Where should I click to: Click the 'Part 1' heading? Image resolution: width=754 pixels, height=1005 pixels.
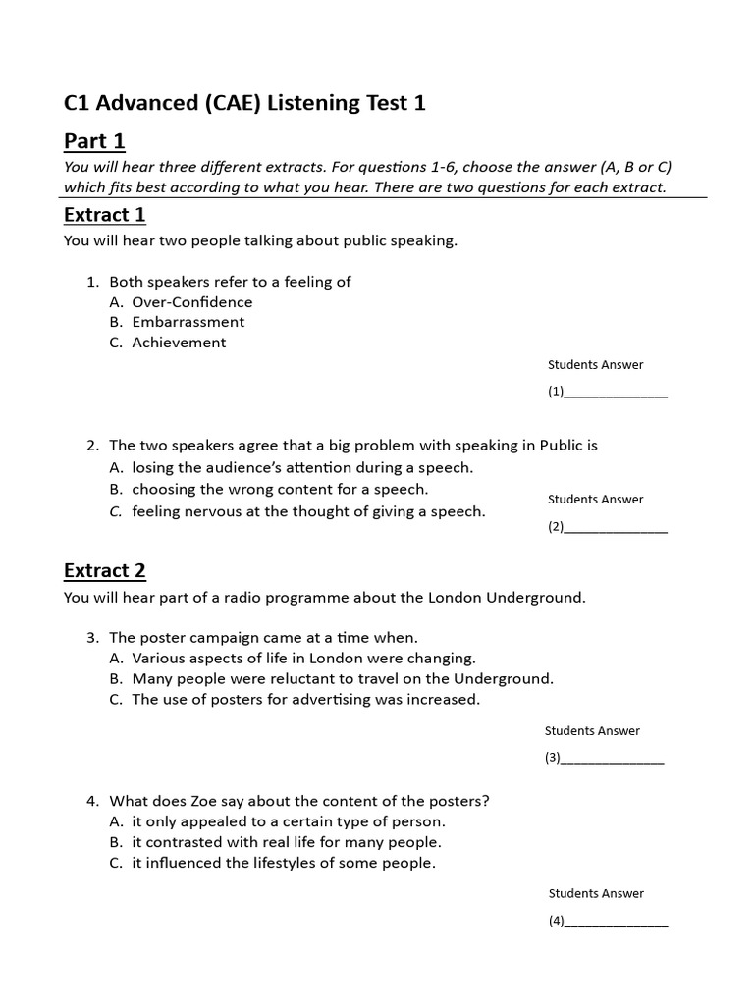(94, 141)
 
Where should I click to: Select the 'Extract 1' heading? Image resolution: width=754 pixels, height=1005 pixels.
(104, 214)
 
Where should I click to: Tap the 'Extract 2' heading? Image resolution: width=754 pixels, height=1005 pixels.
(104, 570)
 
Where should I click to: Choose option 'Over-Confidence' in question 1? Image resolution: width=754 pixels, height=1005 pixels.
(191, 302)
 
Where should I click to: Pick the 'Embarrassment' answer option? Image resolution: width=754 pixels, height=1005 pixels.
(188, 322)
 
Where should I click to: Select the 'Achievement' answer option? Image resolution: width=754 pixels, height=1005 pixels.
(179, 343)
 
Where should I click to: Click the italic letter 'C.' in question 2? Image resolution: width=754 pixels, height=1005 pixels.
(116, 511)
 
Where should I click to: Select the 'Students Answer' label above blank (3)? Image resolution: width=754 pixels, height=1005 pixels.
(592, 731)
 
